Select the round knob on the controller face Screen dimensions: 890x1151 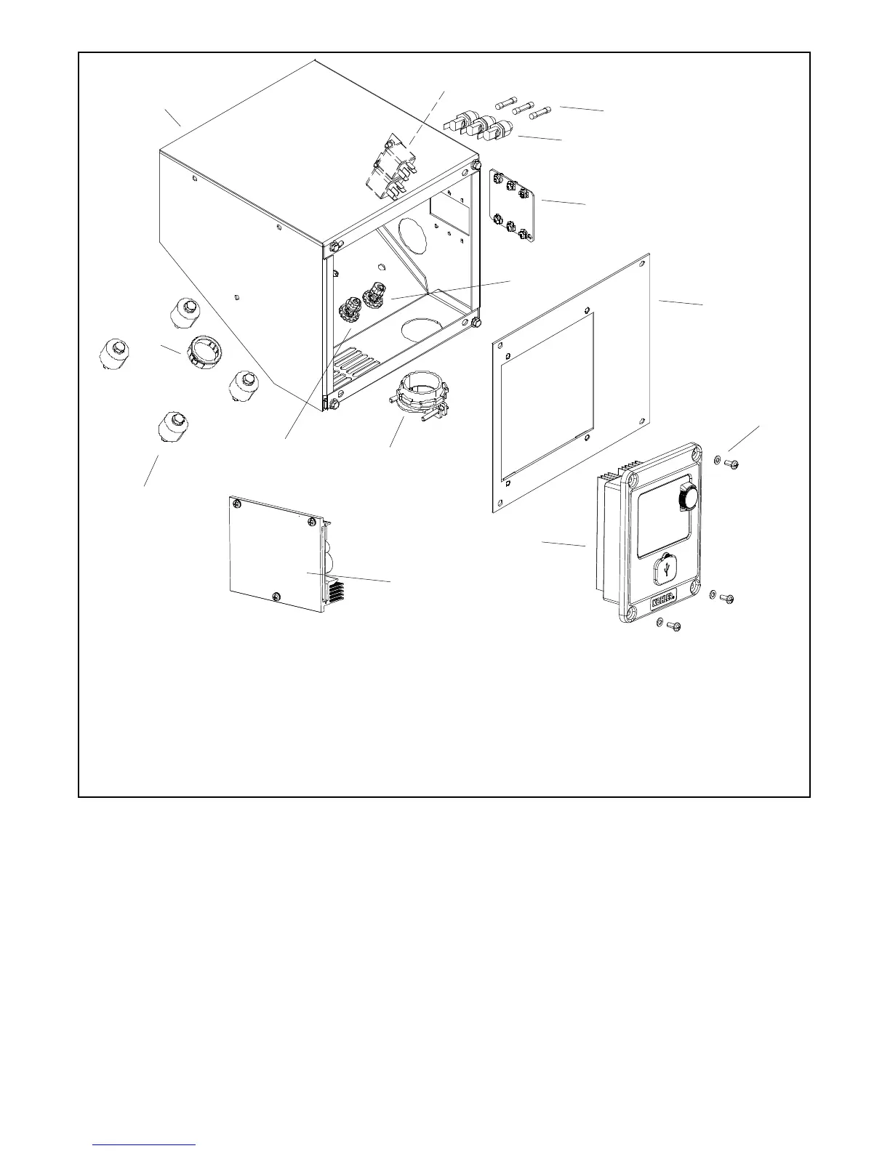point(687,498)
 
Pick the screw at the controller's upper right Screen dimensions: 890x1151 point(731,463)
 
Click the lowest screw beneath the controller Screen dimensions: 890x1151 point(673,625)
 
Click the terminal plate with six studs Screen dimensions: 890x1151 point(513,206)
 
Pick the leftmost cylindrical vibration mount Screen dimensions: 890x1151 point(117,356)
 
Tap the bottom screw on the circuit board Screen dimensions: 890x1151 point(276,597)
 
